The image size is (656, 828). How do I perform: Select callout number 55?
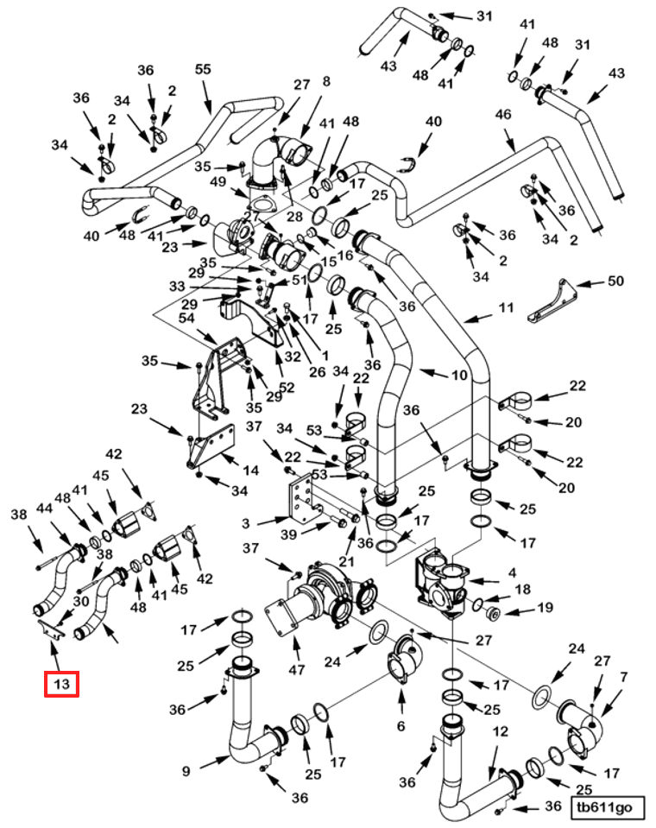(x=203, y=68)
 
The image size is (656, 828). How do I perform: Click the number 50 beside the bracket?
(x=615, y=281)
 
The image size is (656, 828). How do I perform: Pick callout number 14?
(x=250, y=471)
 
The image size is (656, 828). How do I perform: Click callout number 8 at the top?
(x=326, y=82)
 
